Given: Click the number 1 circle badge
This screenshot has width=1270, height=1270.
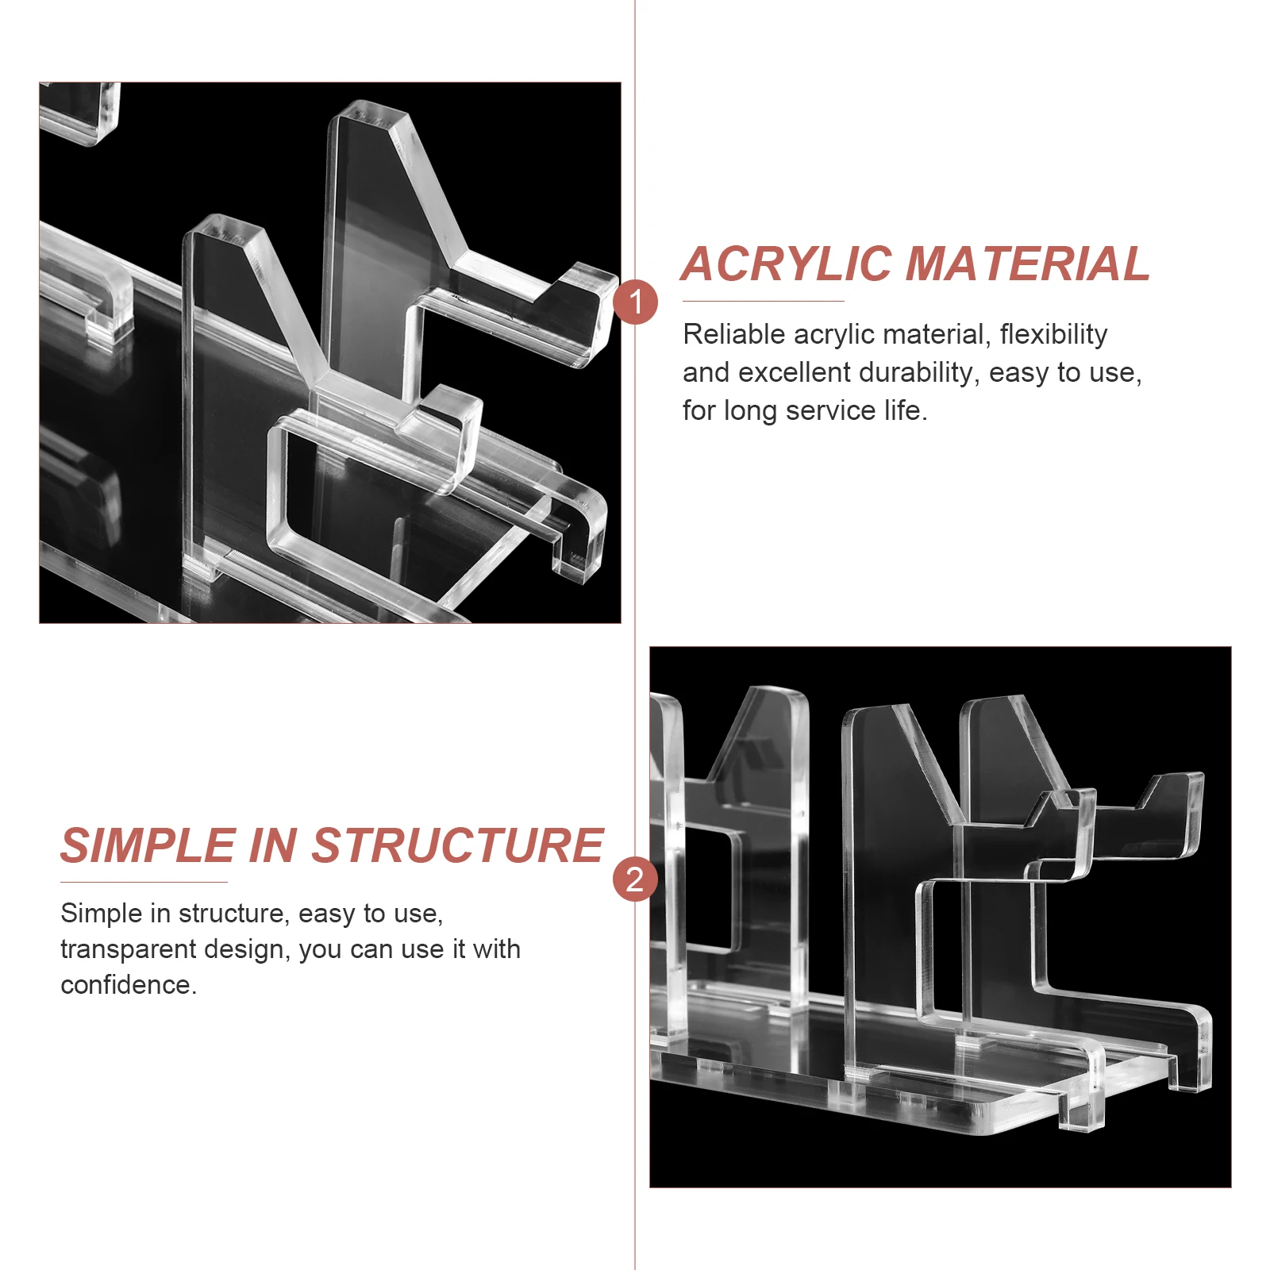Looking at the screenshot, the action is tap(635, 302).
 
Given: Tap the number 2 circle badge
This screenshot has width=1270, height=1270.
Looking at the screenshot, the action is tap(635, 879).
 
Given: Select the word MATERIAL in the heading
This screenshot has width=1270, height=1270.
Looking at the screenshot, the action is tap(1028, 264).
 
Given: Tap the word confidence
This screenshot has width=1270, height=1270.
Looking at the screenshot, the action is tap(129, 985).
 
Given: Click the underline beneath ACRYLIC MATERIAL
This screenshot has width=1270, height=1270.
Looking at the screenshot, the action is tap(763, 301).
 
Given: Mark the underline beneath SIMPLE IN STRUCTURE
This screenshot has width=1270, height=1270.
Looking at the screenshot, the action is tap(144, 881).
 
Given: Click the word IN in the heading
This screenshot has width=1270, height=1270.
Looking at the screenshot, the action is tap(274, 845).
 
